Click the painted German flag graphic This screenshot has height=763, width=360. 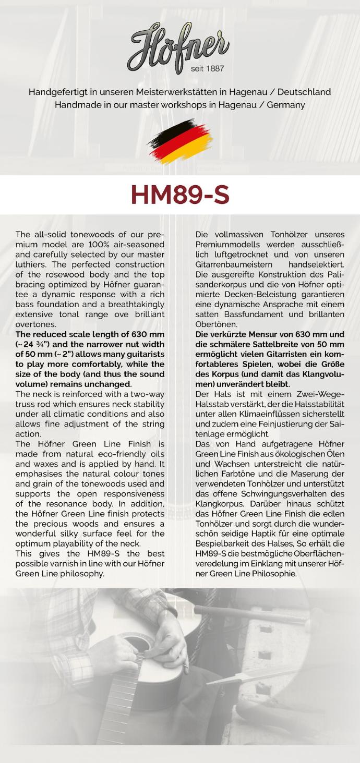(180, 140)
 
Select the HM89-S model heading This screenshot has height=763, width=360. (180, 195)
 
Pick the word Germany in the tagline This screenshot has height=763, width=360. (286, 105)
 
